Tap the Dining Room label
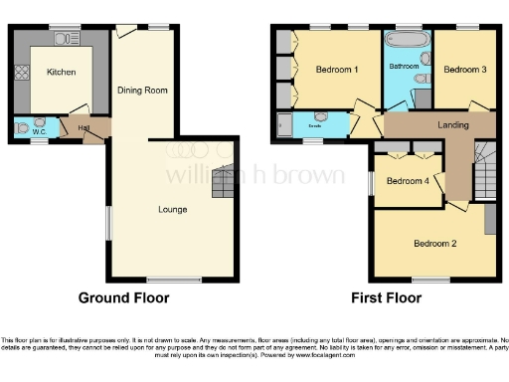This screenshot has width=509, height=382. [x=142, y=91]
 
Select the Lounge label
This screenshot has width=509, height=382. [x=173, y=210]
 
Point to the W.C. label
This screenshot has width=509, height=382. [x=40, y=131]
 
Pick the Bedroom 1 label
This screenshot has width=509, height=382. [x=337, y=70]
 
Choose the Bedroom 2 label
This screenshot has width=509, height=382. [x=434, y=244]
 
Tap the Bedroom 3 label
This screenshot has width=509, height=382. [x=464, y=70]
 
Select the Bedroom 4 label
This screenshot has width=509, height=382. [x=408, y=181]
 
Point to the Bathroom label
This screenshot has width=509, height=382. [x=404, y=67]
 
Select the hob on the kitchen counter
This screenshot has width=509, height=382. [x=19, y=73]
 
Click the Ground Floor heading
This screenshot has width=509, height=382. [x=123, y=297]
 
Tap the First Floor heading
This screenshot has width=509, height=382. [x=386, y=297]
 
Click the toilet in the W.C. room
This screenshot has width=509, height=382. [x=22, y=127]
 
